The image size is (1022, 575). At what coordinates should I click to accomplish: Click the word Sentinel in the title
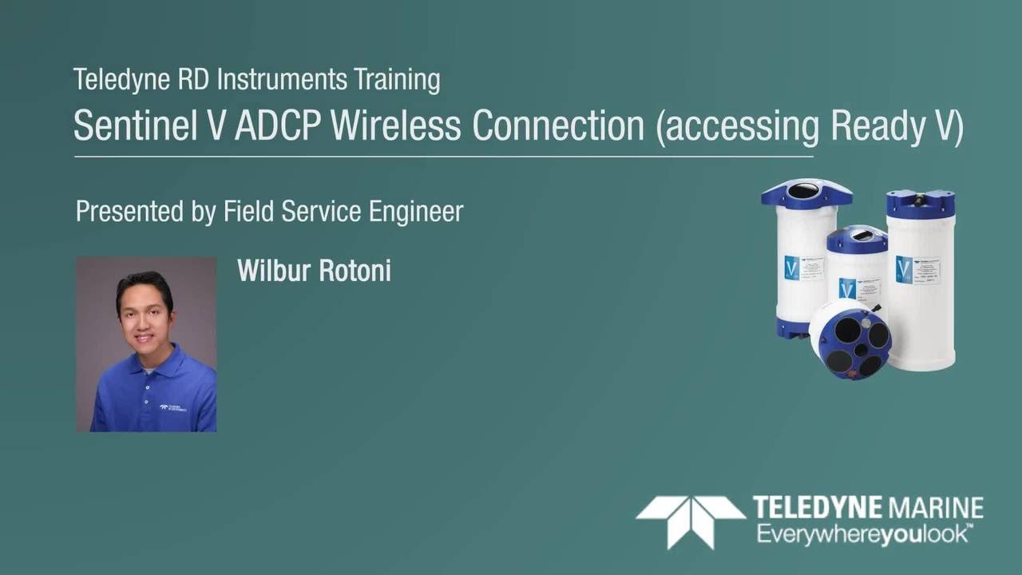(132, 125)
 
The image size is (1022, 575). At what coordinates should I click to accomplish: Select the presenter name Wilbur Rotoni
(314, 271)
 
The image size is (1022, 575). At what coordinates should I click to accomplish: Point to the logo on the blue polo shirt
(172, 407)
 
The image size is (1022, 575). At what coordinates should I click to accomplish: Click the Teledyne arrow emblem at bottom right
(689, 520)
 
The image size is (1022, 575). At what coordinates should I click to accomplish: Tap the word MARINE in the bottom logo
(935, 508)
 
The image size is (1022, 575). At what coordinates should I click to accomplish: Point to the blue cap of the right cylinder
(921, 203)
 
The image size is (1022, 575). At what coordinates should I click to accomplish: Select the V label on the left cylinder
(792, 268)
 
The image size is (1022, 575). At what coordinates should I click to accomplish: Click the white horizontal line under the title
(443, 157)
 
